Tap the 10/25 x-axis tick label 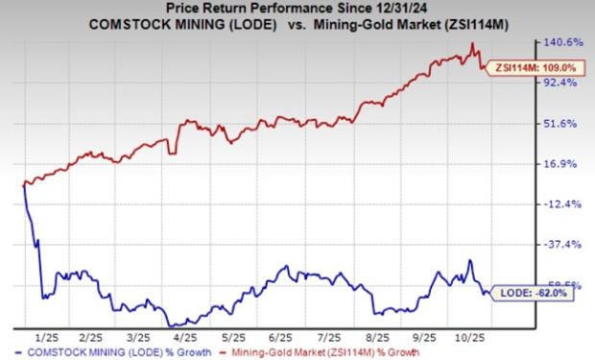(x=472, y=337)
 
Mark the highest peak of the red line (x=471, y=44)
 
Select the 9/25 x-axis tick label (x=423, y=337)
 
